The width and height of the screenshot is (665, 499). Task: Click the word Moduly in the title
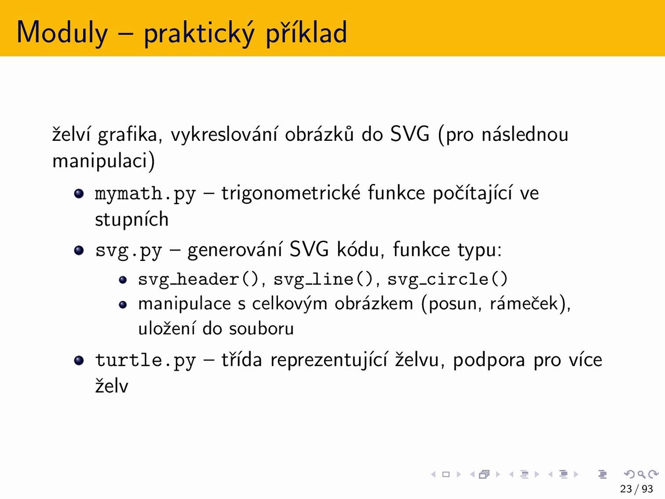pyautogui.click(x=62, y=33)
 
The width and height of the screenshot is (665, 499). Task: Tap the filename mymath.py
pyautogui.click(x=145, y=194)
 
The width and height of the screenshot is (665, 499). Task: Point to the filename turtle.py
pyautogui.click(x=145, y=361)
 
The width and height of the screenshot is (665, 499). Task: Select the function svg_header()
pyautogui.click(x=198, y=279)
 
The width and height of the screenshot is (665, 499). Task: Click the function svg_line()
pyautogui.click(x=323, y=279)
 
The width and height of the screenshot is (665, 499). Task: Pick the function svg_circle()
pyautogui.click(x=447, y=279)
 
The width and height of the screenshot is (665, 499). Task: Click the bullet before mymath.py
pyautogui.click(x=79, y=193)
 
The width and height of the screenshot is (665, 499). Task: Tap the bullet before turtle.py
pyautogui.click(x=79, y=360)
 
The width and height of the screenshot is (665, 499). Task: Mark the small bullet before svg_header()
pyautogui.click(x=123, y=280)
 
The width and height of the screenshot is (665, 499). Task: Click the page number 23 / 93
pyautogui.click(x=636, y=489)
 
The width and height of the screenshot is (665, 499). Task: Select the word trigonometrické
pyautogui.click(x=291, y=193)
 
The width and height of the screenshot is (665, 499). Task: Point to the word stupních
pyautogui.click(x=132, y=219)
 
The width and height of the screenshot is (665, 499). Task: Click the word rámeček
pyautogui.click(x=524, y=303)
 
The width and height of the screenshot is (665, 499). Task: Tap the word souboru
pyautogui.click(x=261, y=329)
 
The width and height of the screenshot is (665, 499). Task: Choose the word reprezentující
pyautogui.click(x=329, y=361)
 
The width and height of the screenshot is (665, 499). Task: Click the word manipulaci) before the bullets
pyautogui.click(x=103, y=161)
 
